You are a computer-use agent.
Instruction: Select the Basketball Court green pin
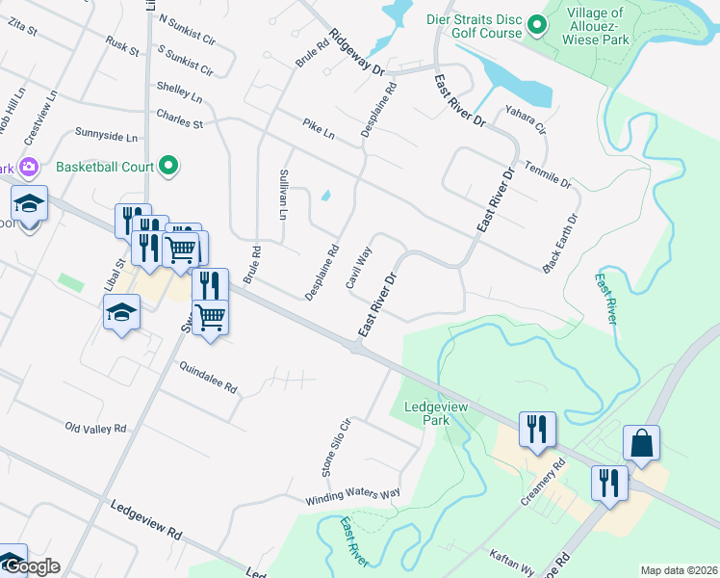169,166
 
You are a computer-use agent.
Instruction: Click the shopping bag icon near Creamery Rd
641,443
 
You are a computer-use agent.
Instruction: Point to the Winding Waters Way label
352,497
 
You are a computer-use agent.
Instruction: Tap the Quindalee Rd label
208,377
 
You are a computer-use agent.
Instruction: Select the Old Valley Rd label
96,427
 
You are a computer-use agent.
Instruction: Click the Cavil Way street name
359,268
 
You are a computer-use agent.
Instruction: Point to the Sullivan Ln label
283,194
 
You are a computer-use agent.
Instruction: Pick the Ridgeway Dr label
355,52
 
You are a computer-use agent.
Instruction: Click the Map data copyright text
679,570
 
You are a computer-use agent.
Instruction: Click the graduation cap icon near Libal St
122,312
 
